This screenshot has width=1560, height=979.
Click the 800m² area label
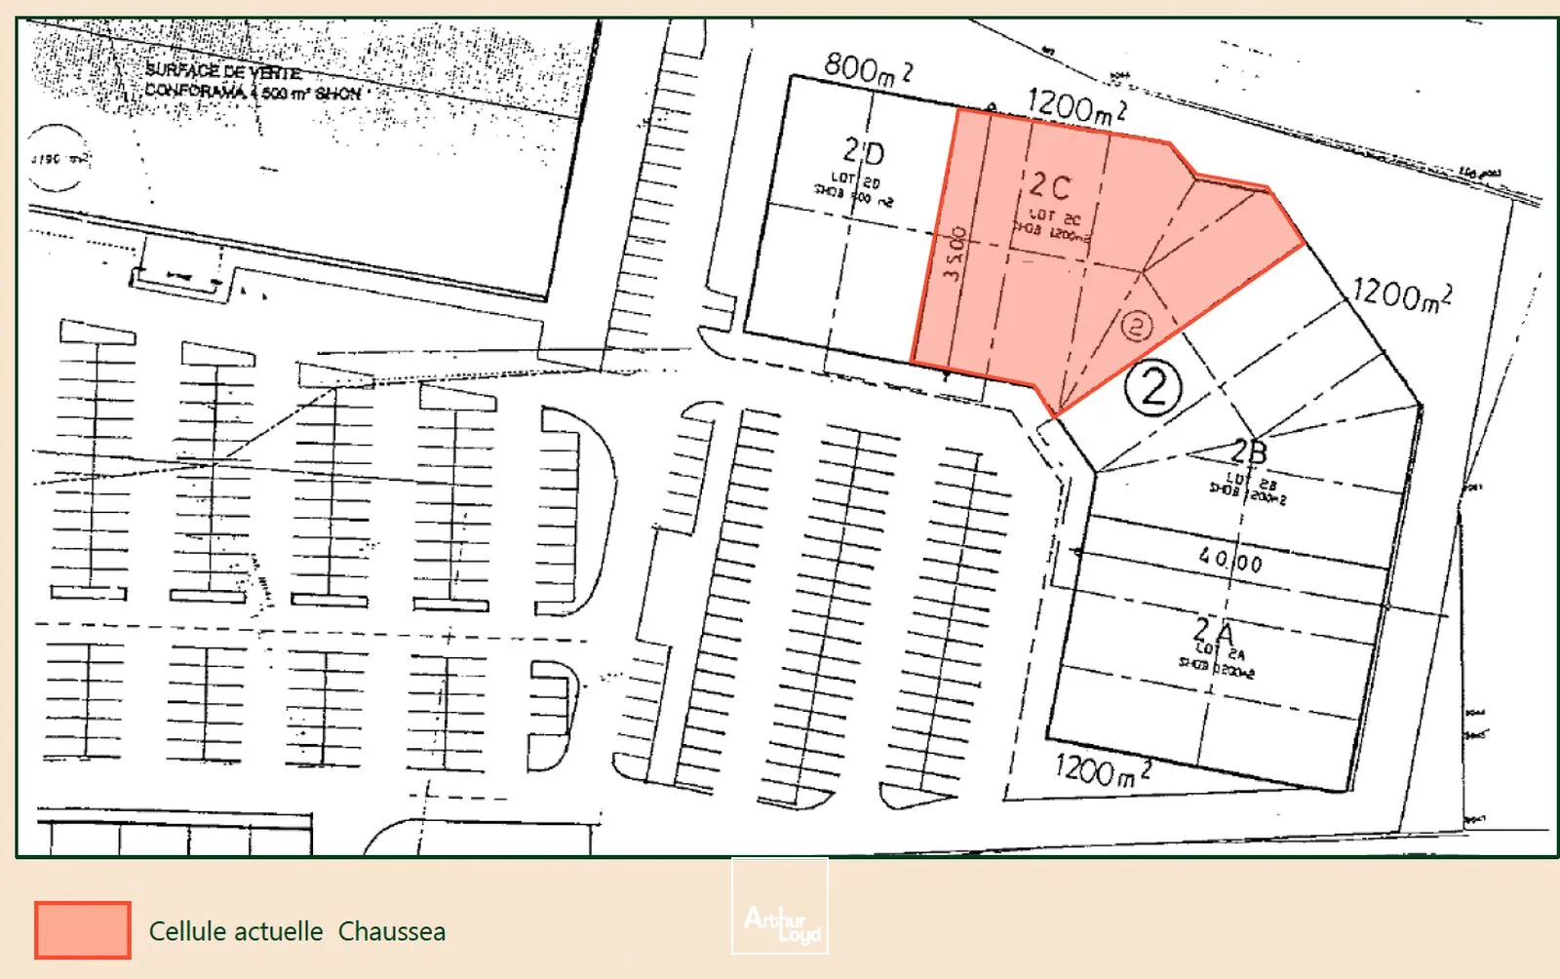[868, 69]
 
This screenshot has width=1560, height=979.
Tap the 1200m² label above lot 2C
[1076, 105]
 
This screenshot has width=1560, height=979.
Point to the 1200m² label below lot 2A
[1103, 770]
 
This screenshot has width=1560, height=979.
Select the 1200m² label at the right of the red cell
[1401, 294]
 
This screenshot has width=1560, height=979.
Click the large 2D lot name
[864, 152]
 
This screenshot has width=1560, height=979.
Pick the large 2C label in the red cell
[1050, 185]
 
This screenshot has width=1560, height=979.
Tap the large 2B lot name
[1248, 451]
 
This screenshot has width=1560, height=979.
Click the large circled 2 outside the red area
[1153, 388]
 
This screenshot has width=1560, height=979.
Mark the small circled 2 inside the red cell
[1136, 326]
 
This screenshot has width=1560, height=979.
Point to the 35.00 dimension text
[955, 254]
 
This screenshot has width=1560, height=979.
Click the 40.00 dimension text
[1230, 561]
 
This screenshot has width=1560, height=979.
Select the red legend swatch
[83, 929]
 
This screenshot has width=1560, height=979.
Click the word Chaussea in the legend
[392, 931]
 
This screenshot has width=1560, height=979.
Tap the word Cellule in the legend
[188, 931]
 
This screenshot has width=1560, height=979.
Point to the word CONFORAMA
[196, 91]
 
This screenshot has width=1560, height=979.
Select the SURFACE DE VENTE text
[223, 70]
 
